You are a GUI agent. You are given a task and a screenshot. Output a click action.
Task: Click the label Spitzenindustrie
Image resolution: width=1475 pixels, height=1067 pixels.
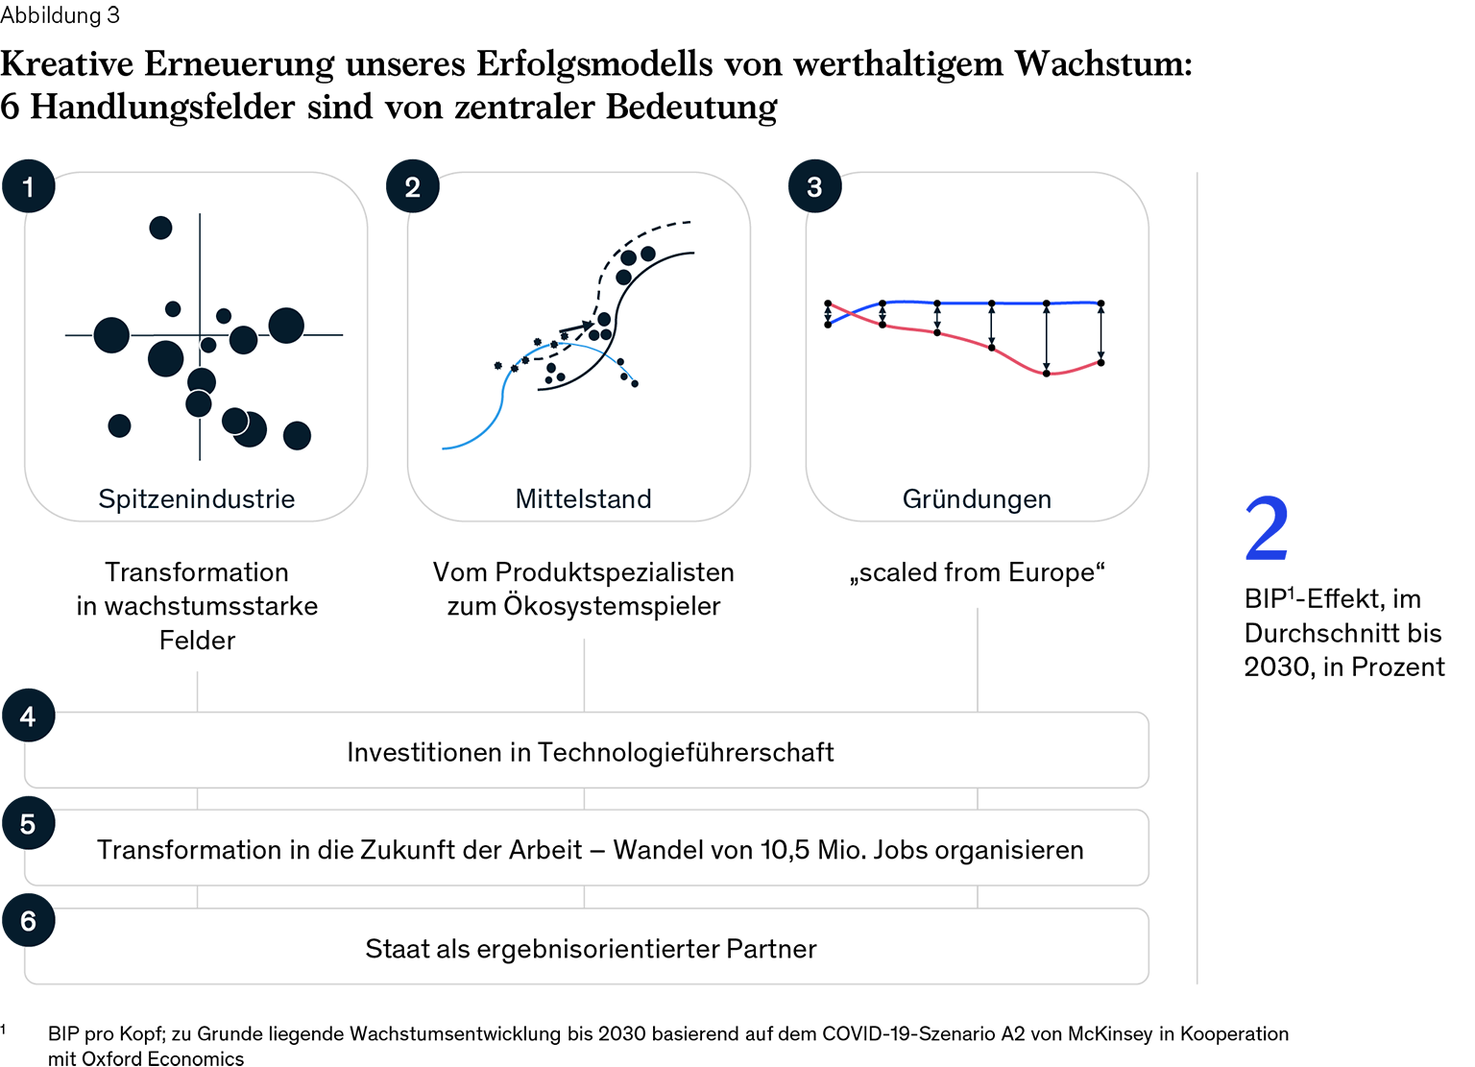[196, 499]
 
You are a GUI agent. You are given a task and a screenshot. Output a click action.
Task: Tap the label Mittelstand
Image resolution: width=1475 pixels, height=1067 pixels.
[583, 499]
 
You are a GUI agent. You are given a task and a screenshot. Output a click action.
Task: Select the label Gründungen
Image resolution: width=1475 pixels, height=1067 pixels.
[977, 499]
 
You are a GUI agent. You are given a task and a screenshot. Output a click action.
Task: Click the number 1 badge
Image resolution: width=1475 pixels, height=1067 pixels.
[28, 187]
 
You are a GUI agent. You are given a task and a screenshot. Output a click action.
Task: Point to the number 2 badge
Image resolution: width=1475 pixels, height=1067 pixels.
[413, 187]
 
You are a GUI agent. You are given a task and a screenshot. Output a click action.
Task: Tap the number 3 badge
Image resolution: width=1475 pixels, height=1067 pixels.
[814, 187]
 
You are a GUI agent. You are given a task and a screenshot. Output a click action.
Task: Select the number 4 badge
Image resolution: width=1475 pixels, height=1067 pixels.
[28, 716]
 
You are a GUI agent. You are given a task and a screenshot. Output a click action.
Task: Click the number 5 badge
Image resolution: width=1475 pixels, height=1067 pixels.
[28, 824]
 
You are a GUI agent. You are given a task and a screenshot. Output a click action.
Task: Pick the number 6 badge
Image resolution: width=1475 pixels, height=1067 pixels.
[28, 922]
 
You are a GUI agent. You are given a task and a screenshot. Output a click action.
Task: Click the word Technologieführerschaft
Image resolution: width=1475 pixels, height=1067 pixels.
[685, 752]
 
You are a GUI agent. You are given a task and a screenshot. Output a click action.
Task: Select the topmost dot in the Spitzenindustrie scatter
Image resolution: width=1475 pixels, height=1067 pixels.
[160, 228]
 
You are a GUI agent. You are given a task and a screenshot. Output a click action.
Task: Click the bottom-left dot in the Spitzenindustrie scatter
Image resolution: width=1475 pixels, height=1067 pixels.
[119, 425]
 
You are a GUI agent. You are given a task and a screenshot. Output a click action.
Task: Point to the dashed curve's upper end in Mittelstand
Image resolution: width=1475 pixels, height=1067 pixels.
[689, 223]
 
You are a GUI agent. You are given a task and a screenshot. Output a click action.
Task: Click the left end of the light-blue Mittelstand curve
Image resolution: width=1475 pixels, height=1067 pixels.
[444, 448]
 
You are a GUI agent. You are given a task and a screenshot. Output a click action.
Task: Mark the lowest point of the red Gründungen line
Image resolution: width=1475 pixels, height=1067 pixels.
[1048, 374]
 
